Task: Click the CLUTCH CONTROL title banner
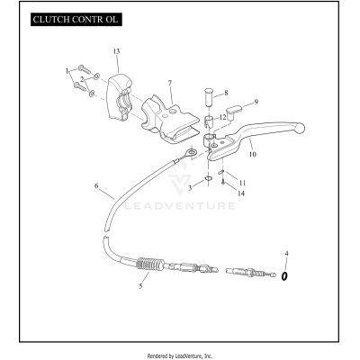[76, 20]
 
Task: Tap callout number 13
[116, 51]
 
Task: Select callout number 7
[170, 83]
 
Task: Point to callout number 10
[253, 154]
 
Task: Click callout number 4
[286, 254]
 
